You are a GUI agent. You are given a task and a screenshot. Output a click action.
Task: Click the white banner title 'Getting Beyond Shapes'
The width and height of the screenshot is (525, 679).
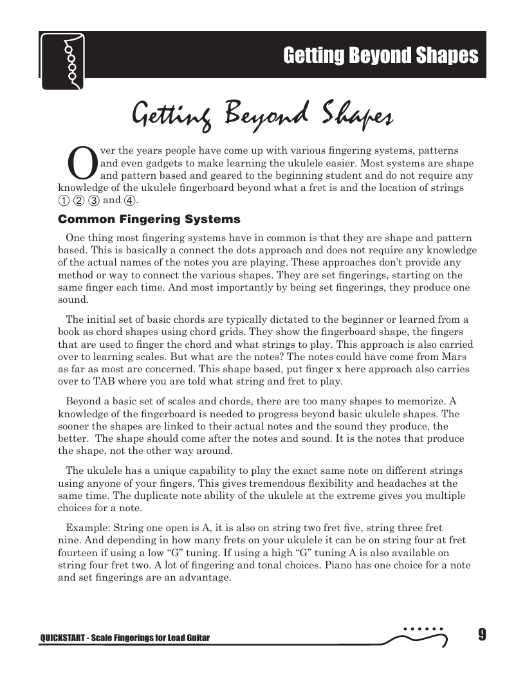pyautogui.click(x=381, y=56)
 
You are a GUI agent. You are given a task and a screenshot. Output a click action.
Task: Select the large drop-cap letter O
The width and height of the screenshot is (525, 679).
pyautogui.click(x=81, y=163)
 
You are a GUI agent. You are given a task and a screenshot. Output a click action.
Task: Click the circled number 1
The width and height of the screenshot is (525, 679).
pyautogui.click(x=63, y=200)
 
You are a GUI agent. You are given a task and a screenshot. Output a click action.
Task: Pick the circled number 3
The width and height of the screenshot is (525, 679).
pyautogui.click(x=93, y=200)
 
